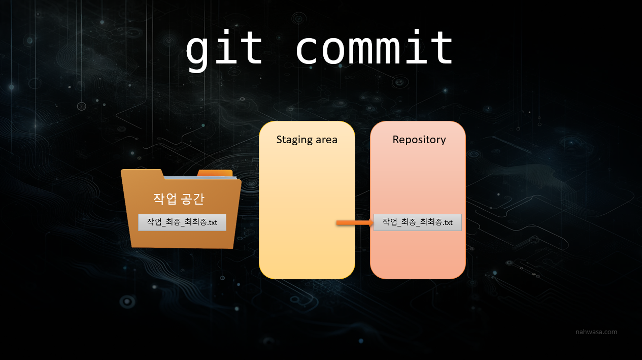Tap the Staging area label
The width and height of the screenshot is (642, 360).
pyautogui.click(x=307, y=140)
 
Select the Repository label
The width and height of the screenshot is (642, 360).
pyautogui.click(x=419, y=139)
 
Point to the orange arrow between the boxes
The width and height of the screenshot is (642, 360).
pyautogui.click(x=354, y=222)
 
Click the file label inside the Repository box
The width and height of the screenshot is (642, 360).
pyautogui.click(x=417, y=222)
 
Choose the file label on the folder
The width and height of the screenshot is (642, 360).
pyautogui.click(x=182, y=222)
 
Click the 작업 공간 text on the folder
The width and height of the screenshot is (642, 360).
pyautogui.click(x=178, y=199)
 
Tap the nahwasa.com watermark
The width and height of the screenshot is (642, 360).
pyautogui.click(x=596, y=332)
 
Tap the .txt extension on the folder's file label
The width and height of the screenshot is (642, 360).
pyautogui.click(x=210, y=222)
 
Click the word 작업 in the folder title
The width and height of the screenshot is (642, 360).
pyautogui.click(x=163, y=199)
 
